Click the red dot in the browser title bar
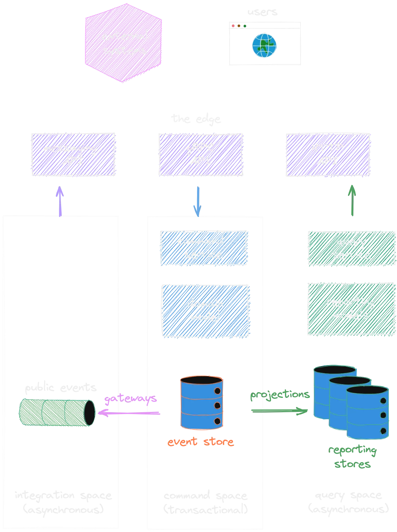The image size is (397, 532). pos(233,26)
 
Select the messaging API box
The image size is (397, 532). pos(74,155)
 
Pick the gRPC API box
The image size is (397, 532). pos(201,155)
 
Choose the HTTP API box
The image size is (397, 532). pos(328,155)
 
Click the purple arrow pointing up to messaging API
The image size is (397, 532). pos(60,201)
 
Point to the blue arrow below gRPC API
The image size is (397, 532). pos(198,201)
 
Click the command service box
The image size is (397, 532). pos(203,248)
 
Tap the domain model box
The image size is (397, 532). pos(205,311)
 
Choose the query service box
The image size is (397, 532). pos(351,249)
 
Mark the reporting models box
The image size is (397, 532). pos(351,309)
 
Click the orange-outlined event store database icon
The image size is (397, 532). pos(202,403)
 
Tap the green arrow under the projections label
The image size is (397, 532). pos(279,410)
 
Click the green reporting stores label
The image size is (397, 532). pos(352,457)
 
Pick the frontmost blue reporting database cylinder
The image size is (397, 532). pos(367,413)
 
